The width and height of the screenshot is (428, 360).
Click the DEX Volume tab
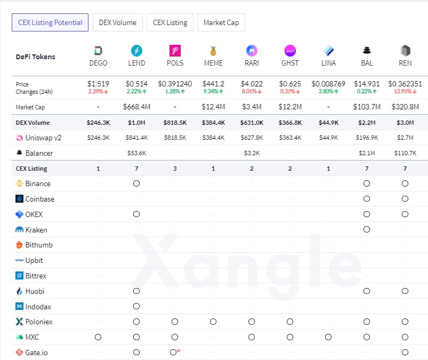point(118,22)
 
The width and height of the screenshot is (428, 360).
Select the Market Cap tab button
point(221,22)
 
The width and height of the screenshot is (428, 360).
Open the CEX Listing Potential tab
point(50,22)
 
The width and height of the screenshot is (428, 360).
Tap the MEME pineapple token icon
point(213,51)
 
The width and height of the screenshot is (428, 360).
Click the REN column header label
point(405,63)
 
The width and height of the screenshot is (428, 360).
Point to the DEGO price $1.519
point(98,84)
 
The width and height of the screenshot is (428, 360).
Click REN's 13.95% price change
point(403,91)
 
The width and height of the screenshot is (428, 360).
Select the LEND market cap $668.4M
point(136,107)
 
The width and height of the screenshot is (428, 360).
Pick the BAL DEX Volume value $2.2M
point(367,123)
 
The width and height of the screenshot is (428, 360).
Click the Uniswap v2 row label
point(43,138)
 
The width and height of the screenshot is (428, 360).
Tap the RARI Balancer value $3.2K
point(252,153)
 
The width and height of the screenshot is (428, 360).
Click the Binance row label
point(38,183)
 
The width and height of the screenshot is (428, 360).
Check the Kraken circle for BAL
point(367,230)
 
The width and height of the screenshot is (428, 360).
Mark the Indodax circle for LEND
point(136,306)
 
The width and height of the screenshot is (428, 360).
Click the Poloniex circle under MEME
point(213,322)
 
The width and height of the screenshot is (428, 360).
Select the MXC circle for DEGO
point(98,337)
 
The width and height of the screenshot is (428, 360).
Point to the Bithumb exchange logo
point(20,245)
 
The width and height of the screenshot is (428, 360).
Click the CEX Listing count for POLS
point(175,169)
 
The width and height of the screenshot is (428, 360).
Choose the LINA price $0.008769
point(328,84)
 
